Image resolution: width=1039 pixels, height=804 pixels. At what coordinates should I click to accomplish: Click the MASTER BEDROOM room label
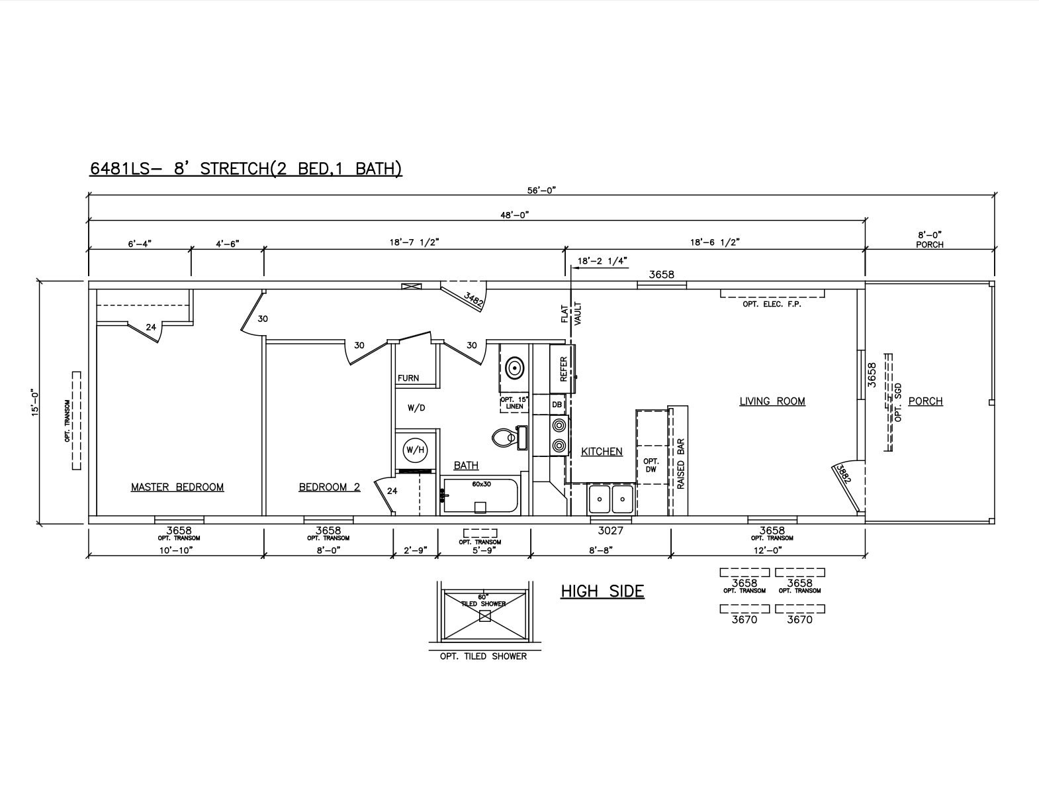point(177,487)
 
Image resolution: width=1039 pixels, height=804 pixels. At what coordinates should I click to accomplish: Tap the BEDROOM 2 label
point(330,487)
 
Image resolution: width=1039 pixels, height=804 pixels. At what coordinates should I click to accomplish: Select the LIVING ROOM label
point(772,401)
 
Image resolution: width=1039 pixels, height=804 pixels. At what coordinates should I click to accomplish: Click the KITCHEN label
point(602,452)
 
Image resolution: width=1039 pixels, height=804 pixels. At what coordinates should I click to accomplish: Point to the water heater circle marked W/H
point(414,450)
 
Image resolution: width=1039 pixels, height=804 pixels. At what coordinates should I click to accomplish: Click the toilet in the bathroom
point(509,437)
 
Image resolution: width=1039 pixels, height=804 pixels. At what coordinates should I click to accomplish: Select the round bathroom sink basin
point(514,368)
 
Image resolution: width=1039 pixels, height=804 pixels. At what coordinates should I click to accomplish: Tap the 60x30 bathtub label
point(481,484)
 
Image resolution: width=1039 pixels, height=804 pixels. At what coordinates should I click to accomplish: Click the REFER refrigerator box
point(563,370)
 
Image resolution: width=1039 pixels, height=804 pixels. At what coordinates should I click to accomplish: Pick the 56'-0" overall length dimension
point(541,190)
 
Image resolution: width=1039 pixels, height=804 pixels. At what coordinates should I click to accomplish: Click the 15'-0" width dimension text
point(35,403)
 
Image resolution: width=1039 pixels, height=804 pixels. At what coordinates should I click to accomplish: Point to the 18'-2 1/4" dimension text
point(602,261)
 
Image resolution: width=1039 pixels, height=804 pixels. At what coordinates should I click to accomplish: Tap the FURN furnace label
point(408,378)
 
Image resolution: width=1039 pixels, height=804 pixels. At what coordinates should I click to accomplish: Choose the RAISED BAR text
point(681,464)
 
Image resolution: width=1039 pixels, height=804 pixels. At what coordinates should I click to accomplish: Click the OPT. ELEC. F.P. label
point(772,304)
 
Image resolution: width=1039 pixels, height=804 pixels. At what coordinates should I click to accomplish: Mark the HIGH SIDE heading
point(602,591)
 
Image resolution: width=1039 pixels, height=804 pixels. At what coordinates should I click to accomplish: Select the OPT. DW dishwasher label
point(651,466)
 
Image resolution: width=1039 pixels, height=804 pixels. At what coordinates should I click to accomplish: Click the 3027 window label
point(611,530)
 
